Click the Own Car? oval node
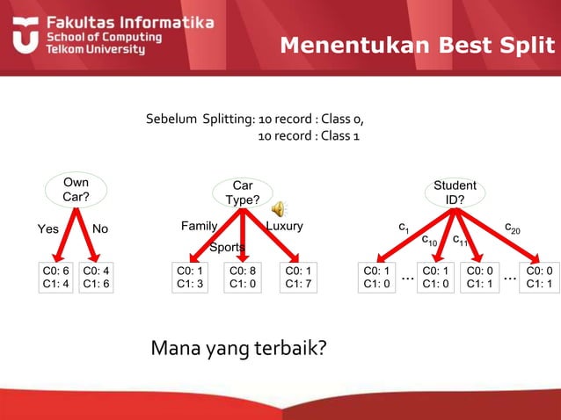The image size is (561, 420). (76, 189)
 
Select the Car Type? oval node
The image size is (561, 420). (243, 192)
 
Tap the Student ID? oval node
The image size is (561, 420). (455, 192)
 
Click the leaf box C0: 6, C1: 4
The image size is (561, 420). (56, 277)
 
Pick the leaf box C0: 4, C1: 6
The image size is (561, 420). (96, 277)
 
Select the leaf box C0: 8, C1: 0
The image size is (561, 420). (243, 277)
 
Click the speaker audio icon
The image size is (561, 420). (278, 208)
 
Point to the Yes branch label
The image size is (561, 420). (48, 228)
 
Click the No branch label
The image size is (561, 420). (100, 228)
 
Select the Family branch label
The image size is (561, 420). (199, 226)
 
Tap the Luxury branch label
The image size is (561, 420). (284, 226)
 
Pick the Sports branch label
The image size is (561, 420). (227, 248)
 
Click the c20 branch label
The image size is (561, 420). (512, 228)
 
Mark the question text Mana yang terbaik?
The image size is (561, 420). (238, 349)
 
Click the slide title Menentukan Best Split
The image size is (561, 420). (418, 45)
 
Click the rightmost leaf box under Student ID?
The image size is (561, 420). (538, 277)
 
